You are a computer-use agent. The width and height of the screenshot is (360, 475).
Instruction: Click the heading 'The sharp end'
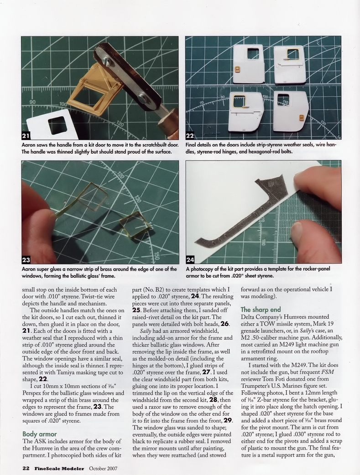click(261, 310)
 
